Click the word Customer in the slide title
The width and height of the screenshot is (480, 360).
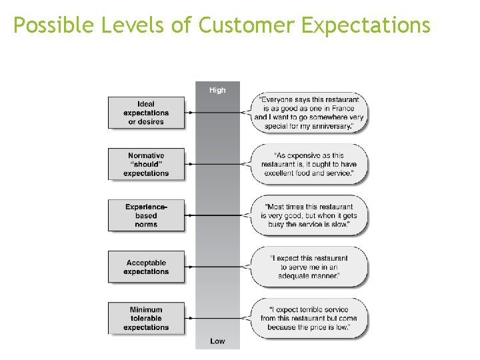[x=247, y=25]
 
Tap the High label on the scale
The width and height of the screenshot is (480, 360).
[x=217, y=90]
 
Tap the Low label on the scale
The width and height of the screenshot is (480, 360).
[x=217, y=341]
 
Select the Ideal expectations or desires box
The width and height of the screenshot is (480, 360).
[x=146, y=113]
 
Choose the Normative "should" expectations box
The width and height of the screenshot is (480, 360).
[x=146, y=164]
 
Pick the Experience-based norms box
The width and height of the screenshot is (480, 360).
[x=146, y=215]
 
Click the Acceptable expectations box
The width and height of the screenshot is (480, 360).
[x=146, y=267]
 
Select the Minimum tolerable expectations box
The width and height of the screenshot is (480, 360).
[x=146, y=318]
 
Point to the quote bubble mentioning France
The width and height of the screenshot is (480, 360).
[x=309, y=113]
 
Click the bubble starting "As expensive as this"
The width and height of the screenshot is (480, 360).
[x=309, y=164]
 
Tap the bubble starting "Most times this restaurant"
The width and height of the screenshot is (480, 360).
[x=309, y=215]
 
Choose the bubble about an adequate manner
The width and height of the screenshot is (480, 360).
[x=309, y=267]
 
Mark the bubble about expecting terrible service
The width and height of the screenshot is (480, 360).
[x=309, y=318]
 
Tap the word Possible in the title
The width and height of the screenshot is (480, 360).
[x=54, y=25]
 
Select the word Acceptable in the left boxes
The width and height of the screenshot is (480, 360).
[x=146, y=262]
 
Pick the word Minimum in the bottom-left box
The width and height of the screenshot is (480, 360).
[x=146, y=309]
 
